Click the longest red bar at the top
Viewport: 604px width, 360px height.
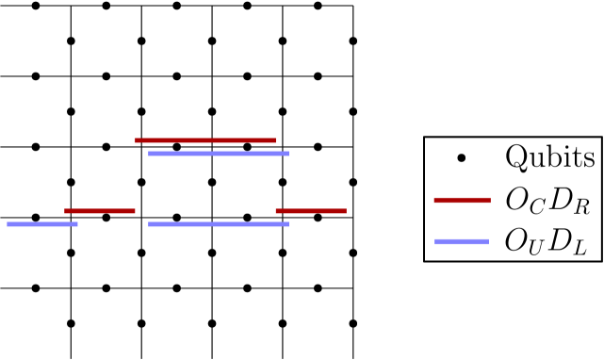tap(205, 140)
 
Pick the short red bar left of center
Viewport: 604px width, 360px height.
tap(100, 211)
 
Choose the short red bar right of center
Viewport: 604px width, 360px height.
tap(311, 211)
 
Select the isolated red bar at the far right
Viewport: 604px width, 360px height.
tap(462, 200)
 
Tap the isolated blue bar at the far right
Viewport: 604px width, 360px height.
tap(462, 241)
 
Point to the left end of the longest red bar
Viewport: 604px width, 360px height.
tap(136, 140)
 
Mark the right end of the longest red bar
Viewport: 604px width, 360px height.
tap(275, 140)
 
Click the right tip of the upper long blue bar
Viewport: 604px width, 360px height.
tap(288, 154)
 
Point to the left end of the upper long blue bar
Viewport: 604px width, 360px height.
tap(149, 154)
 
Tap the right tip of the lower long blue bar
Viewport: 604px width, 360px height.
tap(288, 224)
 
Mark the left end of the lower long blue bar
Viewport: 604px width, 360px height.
tap(149, 224)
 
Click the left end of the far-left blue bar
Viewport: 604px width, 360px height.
tap(8, 224)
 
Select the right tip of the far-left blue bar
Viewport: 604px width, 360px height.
tap(77, 224)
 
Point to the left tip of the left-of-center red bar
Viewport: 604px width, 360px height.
tap(65, 211)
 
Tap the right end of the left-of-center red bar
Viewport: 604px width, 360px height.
tap(135, 211)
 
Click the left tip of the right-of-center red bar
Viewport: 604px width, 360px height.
tap(276, 211)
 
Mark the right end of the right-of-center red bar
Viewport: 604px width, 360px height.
tap(346, 211)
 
